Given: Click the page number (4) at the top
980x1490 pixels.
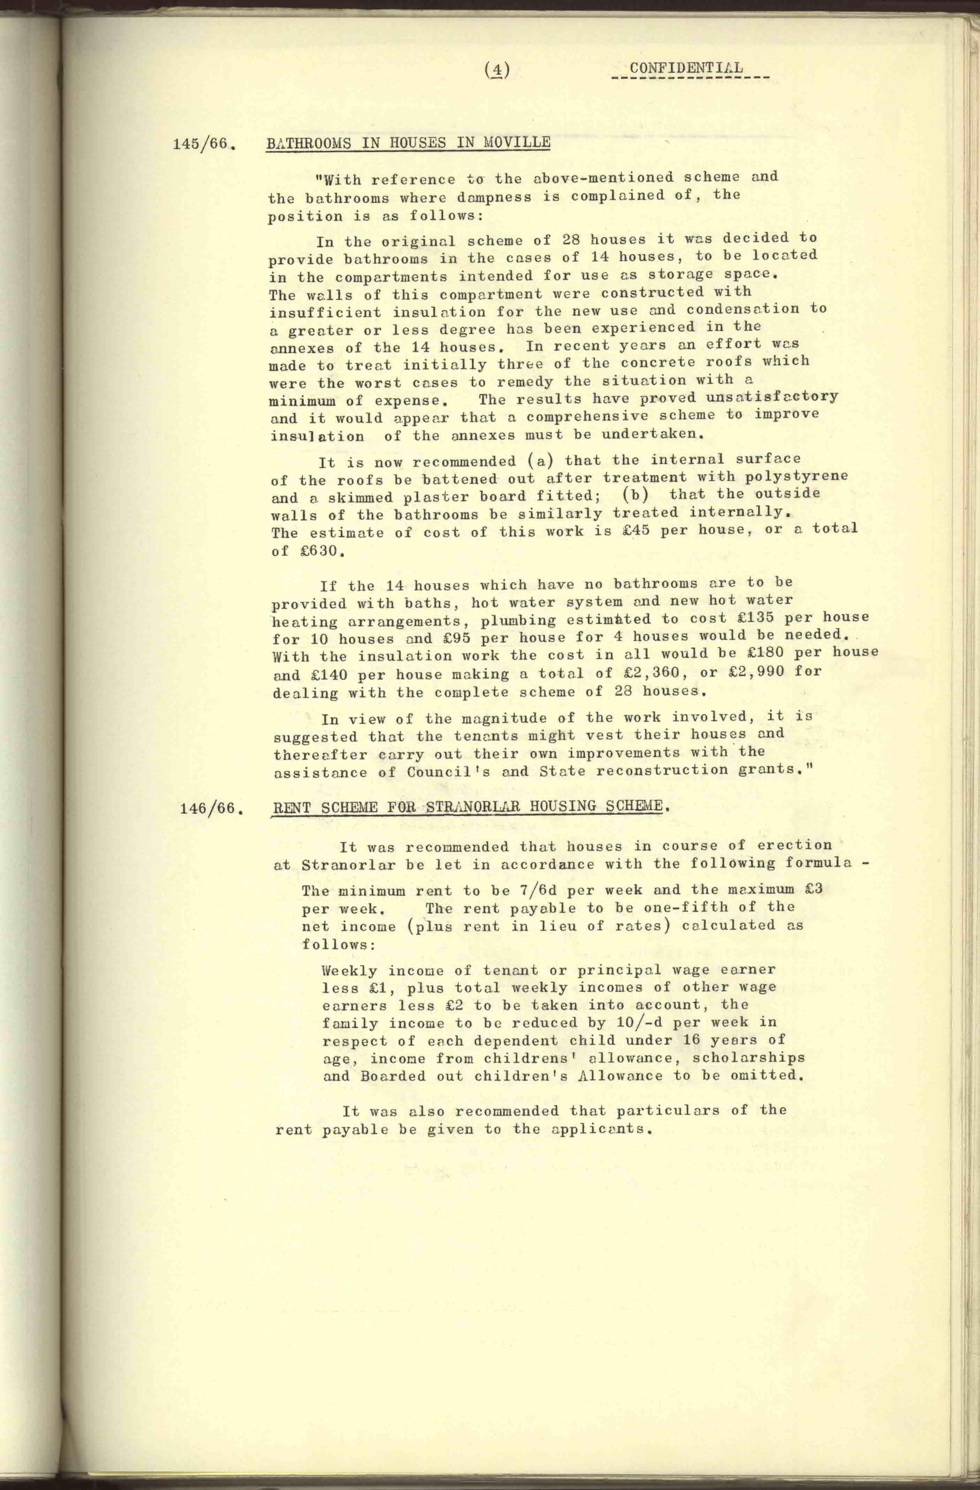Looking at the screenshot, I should tap(497, 71).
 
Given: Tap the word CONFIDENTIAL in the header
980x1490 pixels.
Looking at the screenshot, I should tap(686, 68).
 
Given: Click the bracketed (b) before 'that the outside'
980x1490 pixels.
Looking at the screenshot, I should tap(638, 494).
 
